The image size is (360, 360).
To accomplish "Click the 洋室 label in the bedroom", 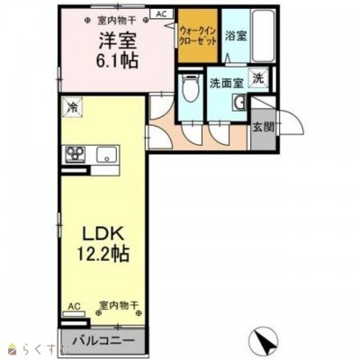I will (x=114, y=40).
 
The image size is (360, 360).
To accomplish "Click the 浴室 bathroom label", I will (x=236, y=37).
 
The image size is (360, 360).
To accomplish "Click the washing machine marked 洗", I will (x=258, y=79).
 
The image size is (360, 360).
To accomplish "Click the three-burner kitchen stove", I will (x=72, y=154).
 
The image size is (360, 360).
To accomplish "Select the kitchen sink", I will (x=105, y=154).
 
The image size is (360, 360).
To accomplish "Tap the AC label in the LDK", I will (x=72, y=306).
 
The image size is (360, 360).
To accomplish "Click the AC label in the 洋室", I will (x=161, y=13).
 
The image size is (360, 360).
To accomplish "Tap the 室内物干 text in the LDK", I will (x=116, y=306).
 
